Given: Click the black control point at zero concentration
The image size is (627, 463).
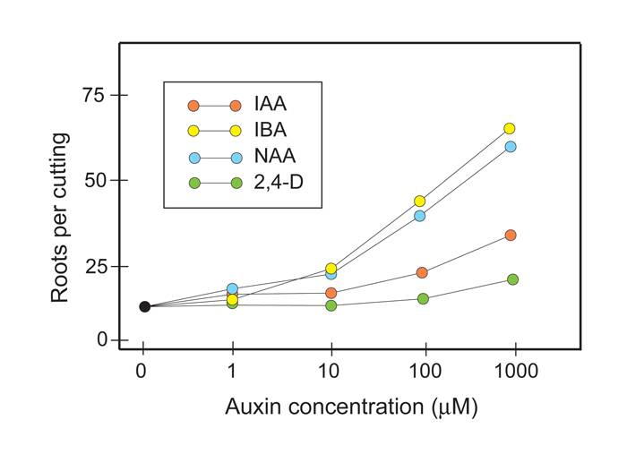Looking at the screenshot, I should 144,306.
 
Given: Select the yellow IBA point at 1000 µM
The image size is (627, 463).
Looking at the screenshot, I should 510,128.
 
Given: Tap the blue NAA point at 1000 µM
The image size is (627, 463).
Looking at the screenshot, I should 511,146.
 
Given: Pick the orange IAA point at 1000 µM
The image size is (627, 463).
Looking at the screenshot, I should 511,235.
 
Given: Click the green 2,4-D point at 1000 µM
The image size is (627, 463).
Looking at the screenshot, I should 512,279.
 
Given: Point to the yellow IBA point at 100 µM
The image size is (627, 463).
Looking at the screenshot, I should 419,201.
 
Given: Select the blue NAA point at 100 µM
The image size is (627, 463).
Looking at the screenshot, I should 419,215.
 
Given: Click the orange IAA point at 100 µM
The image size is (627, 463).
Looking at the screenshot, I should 422,272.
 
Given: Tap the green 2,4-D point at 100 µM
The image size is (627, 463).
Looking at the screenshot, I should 423,298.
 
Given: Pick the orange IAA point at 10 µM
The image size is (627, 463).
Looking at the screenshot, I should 331,293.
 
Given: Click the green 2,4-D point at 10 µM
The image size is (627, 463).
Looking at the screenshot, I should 331,305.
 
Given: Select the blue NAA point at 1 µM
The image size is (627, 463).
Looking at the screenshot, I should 232,289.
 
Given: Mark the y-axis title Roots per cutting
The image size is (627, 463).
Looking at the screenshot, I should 60,218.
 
